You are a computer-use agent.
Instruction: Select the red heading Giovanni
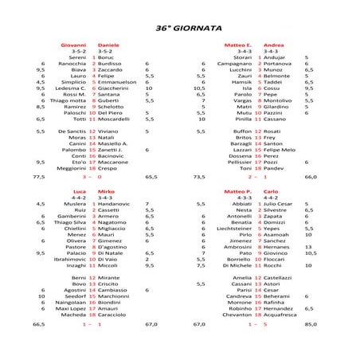point(72,45)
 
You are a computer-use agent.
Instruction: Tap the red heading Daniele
point(108,45)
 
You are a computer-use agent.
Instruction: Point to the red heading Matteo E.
point(238,45)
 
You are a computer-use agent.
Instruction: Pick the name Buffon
point(243,131)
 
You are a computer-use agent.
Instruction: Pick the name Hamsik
point(241,82)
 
